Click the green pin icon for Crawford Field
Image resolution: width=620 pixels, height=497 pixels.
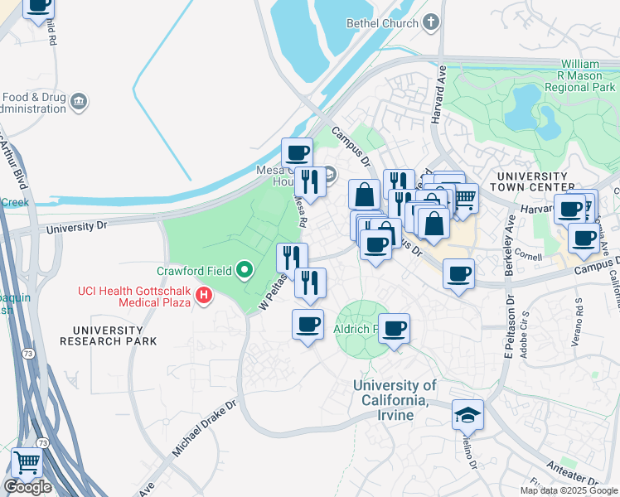point(245,270)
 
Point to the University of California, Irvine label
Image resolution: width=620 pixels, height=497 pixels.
point(394,399)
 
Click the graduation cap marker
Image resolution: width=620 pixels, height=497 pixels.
point(467,414)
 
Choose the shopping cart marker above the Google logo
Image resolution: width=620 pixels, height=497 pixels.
point(27,461)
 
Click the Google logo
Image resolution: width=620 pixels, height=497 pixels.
point(27,487)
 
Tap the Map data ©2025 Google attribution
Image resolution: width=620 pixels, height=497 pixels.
point(569,490)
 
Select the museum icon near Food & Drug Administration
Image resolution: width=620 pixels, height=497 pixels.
point(80,101)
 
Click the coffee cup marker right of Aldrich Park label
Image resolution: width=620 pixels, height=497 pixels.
point(395,328)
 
